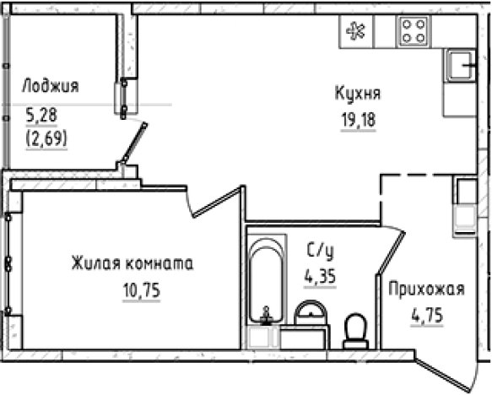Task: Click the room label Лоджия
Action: coord(50,86)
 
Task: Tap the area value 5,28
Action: coord(39,113)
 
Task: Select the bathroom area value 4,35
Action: coord(320,275)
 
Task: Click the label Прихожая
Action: coord(427,290)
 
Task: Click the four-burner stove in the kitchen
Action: coord(413,32)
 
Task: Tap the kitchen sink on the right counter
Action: coord(460,66)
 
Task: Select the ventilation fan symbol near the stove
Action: coord(354,32)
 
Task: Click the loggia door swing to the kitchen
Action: coord(134,144)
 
